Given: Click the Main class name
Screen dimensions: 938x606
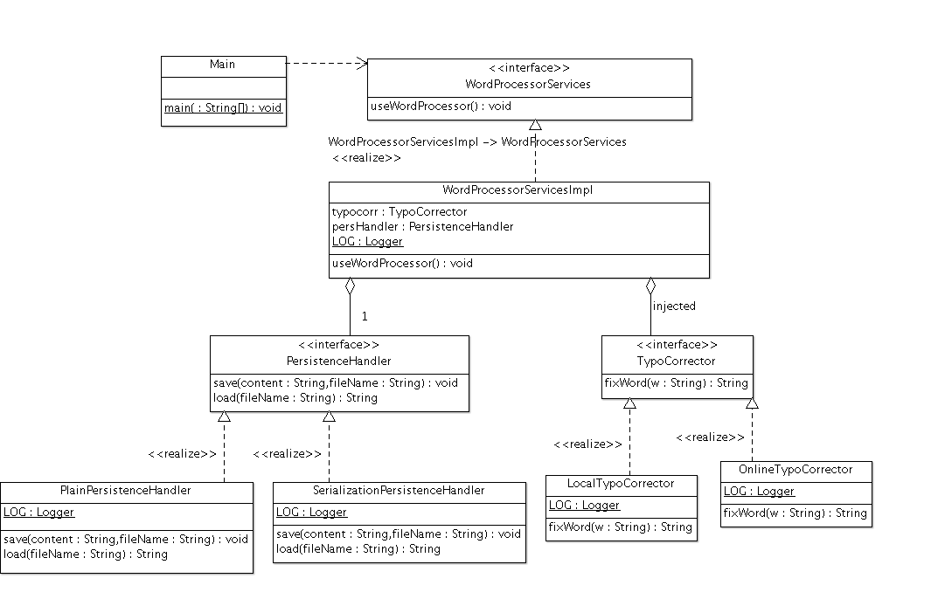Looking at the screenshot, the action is pyautogui.click(x=223, y=65).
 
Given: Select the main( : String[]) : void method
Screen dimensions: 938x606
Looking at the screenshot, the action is pyautogui.click(x=223, y=108).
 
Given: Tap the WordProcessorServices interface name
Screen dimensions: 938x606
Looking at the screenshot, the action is pyautogui.click(x=528, y=84).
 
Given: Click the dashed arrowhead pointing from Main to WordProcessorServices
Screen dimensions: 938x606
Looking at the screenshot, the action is pyautogui.click(x=362, y=62).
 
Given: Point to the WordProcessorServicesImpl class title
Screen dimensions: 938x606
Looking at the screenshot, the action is pyautogui.click(x=518, y=189).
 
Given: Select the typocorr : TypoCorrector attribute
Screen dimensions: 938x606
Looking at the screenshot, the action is pyautogui.click(x=400, y=211).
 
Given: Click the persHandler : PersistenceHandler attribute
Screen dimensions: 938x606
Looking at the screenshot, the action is pyautogui.click(x=422, y=226).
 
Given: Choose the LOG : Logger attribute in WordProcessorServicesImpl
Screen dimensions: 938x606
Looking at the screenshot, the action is pyautogui.click(x=367, y=241).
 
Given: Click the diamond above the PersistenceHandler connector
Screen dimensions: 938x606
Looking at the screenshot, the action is pyautogui.click(x=350, y=286).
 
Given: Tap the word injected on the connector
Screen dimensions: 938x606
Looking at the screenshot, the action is pyautogui.click(x=674, y=306).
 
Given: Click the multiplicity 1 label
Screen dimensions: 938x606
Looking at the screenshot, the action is pyautogui.click(x=365, y=316).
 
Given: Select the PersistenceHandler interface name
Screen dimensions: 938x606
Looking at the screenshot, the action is pyautogui.click(x=339, y=361).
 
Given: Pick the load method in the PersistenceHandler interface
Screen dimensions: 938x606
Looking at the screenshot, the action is pyautogui.click(x=295, y=397).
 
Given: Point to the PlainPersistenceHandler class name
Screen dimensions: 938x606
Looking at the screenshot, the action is pyautogui.click(x=126, y=490).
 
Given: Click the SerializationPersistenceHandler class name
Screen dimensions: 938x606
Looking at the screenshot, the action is pyautogui.click(x=399, y=490).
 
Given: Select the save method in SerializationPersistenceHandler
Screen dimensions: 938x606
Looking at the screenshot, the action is pyautogui.click(x=399, y=534).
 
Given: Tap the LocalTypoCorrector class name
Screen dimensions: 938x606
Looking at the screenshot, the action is pyautogui.click(x=621, y=483).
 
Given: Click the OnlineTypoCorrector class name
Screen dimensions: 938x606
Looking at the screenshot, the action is pyautogui.click(x=796, y=469).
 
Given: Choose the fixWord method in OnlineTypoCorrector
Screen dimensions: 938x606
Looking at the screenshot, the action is pyautogui.click(x=796, y=513).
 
